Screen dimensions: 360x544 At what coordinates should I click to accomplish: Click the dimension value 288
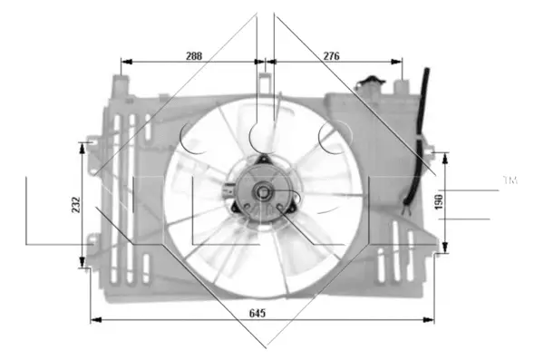coord(193,56)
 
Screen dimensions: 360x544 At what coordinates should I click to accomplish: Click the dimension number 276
coord(331,56)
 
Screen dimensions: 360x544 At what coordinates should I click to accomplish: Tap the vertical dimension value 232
coord(76,205)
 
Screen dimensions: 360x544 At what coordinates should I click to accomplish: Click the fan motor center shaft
coord(262,191)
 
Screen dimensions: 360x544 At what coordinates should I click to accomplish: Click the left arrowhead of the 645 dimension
coord(94,319)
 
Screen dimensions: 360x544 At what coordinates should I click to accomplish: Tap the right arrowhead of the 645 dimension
coord(432,319)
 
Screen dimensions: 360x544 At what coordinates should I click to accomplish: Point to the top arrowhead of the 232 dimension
coord(84,145)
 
